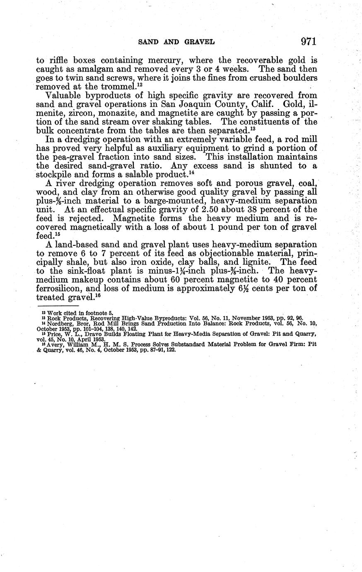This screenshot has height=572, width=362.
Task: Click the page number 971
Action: (x=309, y=41)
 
